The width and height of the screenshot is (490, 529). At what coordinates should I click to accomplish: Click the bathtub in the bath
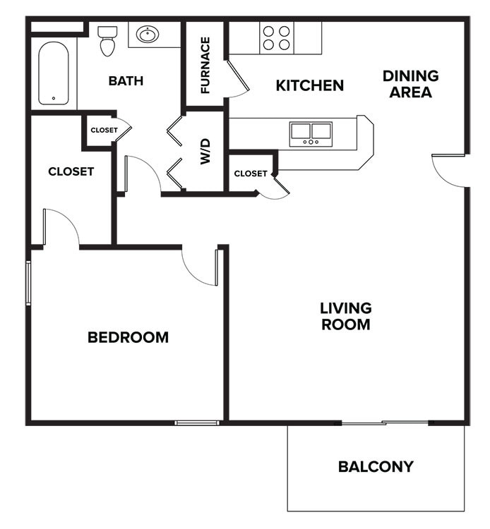(x=54, y=73)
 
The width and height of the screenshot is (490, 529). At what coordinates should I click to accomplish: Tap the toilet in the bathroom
(x=107, y=41)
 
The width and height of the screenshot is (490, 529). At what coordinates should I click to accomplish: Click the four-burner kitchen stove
(x=276, y=37)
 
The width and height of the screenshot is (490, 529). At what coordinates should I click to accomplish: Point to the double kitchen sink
(x=311, y=133)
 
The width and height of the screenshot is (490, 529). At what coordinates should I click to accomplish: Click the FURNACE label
(x=205, y=65)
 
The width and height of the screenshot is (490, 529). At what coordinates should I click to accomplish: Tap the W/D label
(x=205, y=151)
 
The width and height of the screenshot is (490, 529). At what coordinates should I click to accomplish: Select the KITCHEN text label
(x=309, y=86)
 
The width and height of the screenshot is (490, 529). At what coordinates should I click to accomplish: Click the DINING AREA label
(x=410, y=84)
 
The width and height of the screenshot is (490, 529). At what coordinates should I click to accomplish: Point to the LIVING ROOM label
(x=345, y=316)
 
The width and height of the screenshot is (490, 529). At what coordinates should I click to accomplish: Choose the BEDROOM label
(x=128, y=337)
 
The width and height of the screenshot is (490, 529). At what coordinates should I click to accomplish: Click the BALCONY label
(x=375, y=466)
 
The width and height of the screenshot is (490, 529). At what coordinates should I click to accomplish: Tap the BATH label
(x=126, y=81)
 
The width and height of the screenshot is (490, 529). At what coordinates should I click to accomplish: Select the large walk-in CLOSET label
(x=71, y=171)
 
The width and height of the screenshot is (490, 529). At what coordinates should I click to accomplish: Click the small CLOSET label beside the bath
(x=104, y=130)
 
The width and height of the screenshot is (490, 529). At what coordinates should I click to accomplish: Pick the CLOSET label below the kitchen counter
(x=251, y=174)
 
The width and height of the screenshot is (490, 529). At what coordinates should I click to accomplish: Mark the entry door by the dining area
(x=449, y=171)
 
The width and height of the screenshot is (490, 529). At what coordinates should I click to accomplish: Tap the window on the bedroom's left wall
(x=29, y=282)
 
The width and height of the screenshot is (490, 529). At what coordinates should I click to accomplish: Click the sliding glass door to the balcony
(x=385, y=422)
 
